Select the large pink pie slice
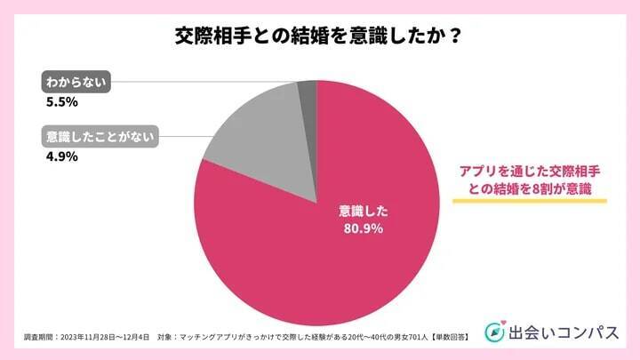356,249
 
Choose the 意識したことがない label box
99,137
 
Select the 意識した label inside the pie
364,212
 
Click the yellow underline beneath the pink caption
529,201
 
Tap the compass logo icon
494,332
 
